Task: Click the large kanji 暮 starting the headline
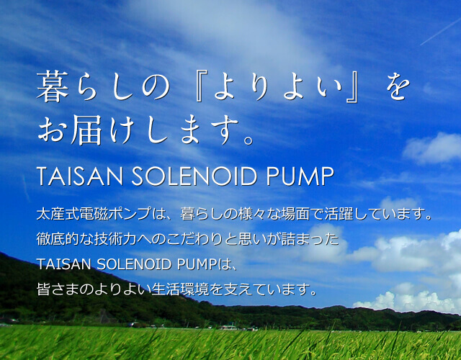coord(53,86)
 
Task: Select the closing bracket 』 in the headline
coord(352,87)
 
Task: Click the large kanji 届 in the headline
coord(86,130)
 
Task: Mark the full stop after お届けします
coord(249,140)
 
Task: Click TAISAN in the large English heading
coord(79,176)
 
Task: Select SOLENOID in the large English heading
coord(194,176)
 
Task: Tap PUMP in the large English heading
coord(300,176)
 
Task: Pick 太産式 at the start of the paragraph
coord(58,214)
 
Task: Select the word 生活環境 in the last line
coord(180,289)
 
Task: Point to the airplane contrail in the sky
coord(440,31)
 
